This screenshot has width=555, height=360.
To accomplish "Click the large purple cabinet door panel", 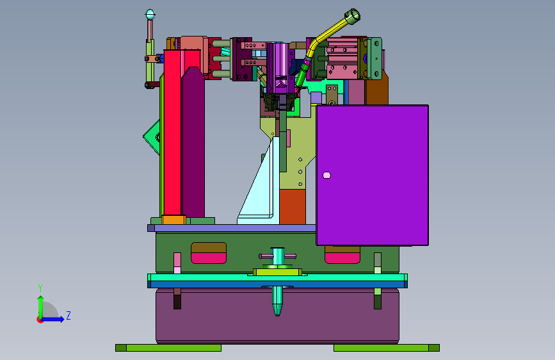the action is tap(373, 175).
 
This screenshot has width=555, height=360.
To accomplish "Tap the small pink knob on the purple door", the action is tap(326, 175).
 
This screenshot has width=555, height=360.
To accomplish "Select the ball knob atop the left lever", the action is tap(150, 15).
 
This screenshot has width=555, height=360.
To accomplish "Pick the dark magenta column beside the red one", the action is tap(193, 142).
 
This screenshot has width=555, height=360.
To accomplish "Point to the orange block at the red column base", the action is tap(173, 220).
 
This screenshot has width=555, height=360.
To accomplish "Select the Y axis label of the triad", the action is tap(40, 288).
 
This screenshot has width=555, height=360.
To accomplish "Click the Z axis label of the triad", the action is tap(68, 315).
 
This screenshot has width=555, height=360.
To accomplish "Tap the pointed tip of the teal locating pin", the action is tap(278, 315).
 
